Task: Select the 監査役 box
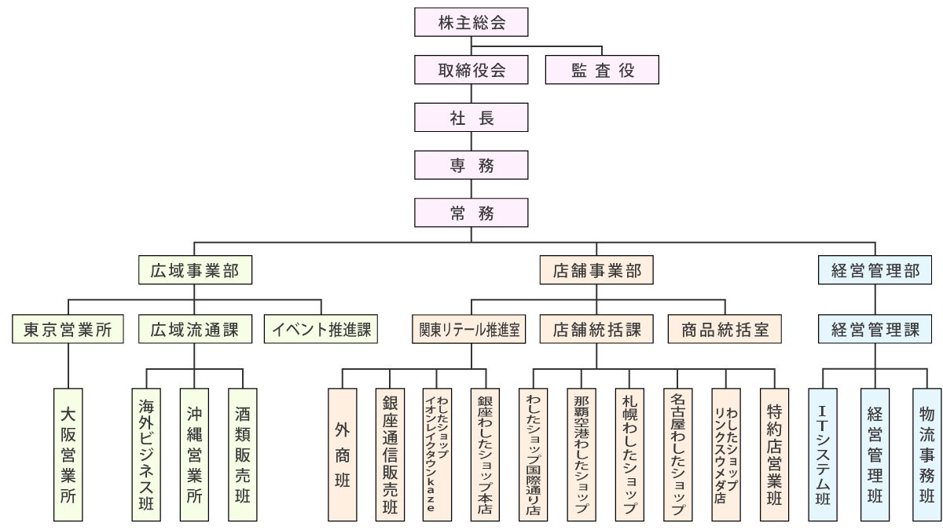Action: click(x=601, y=71)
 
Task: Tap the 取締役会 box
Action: click(x=471, y=71)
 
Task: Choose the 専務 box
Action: click(x=471, y=164)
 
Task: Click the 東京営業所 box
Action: click(x=69, y=329)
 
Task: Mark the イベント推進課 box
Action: click(x=321, y=329)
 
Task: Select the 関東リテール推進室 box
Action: click(x=472, y=329)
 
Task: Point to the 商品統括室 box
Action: click(x=724, y=329)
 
